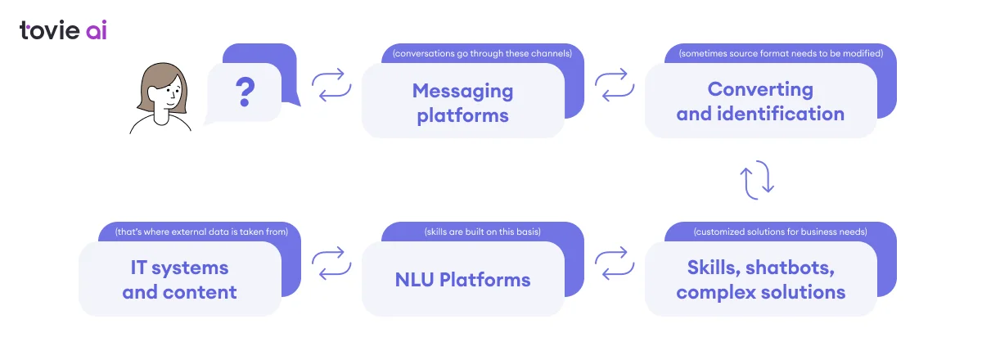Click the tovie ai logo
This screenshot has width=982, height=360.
pyautogui.click(x=63, y=30)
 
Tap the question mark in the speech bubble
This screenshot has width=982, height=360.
pyautogui.click(x=244, y=93)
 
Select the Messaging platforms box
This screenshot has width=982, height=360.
pyautogui.click(x=462, y=101)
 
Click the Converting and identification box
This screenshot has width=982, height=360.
pyautogui.click(x=760, y=101)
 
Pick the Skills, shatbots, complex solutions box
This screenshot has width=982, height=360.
pyautogui.click(x=760, y=279)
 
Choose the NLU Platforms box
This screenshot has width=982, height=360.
pyautogui.click(x=462, y=280)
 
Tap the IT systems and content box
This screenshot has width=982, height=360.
pyautogui.click(x=179, y=279)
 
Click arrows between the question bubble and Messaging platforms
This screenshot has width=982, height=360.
pyautogui.click(x=331, y=84)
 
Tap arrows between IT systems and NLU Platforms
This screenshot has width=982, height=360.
pyautogui.click(x=331, y=263)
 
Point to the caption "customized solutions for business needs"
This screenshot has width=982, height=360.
pyautogui.click(x=780, y=232)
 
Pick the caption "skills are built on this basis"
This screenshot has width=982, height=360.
pyautogui.click(x=482, y=232)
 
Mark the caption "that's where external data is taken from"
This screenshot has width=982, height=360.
pyautogui.click(x=201, y=232)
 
